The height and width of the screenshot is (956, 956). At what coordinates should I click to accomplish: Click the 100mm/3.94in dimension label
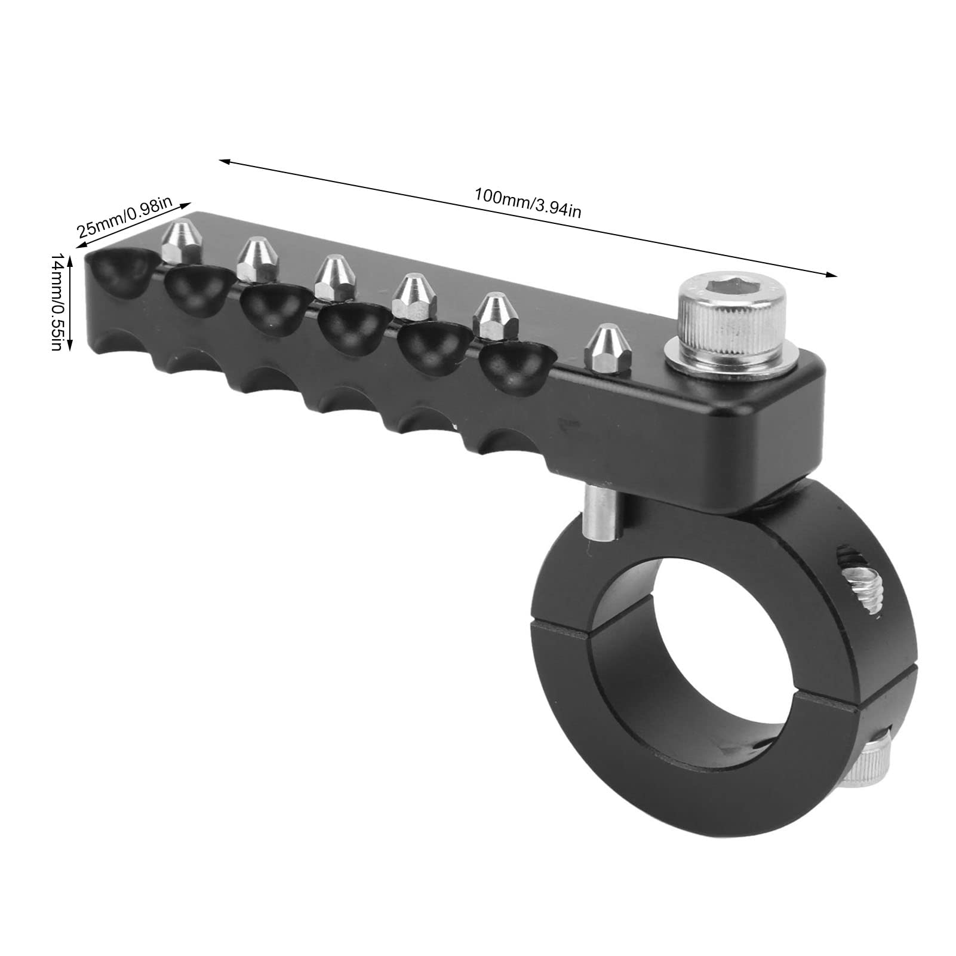[527, 203]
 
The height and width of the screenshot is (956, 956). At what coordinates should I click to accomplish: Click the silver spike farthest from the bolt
[182, 242]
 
